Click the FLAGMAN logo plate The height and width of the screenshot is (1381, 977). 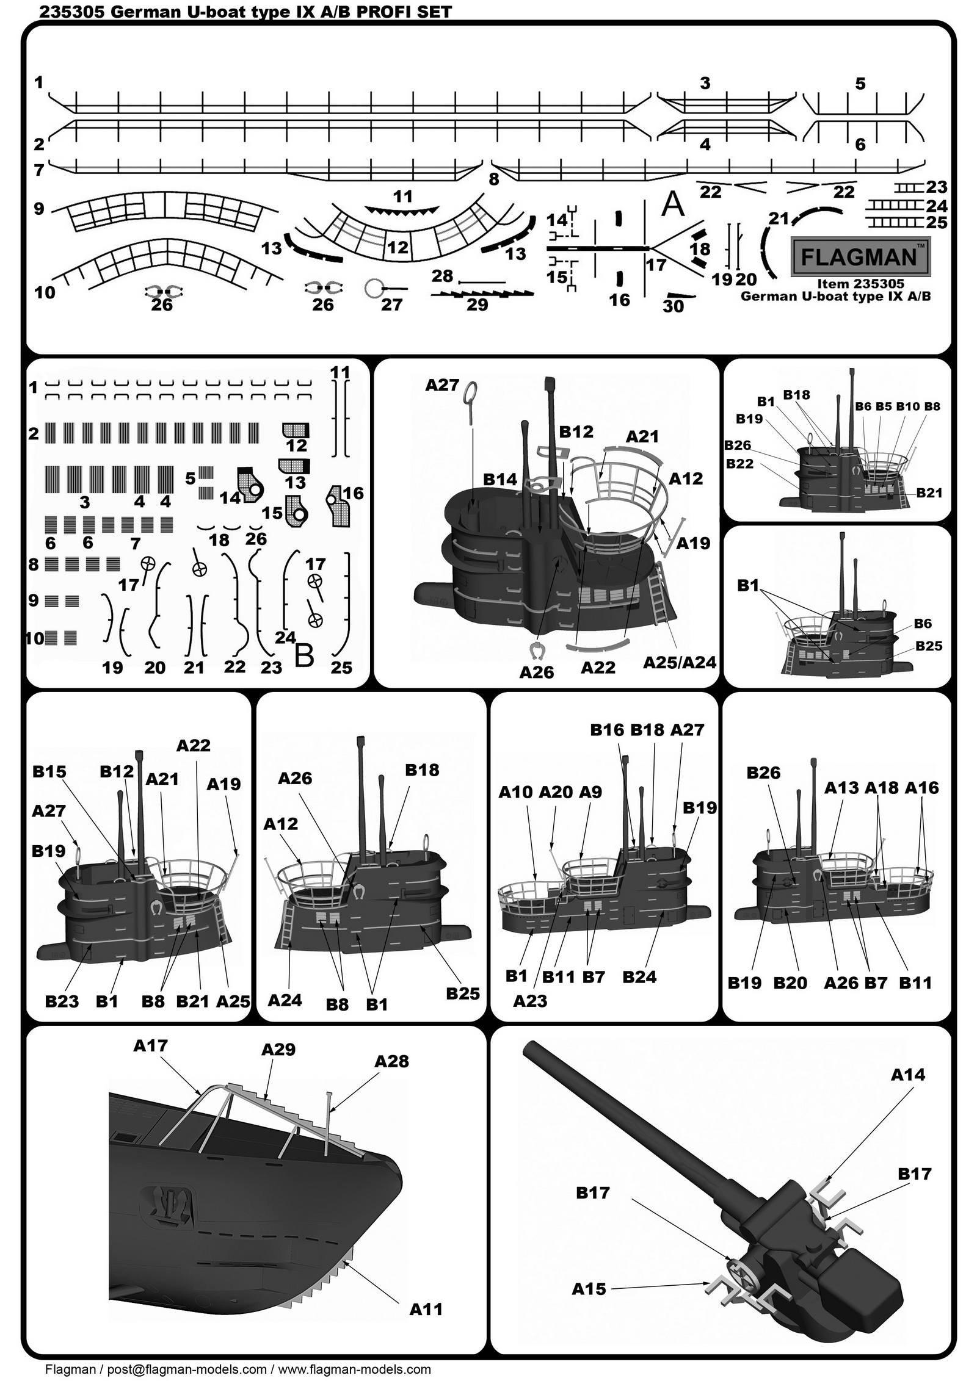[x=860, y=256]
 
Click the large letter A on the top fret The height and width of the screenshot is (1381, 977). [x=674, y=205]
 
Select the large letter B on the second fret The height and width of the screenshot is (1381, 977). [x=304, y=656]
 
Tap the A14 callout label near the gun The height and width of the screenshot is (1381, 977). [x=907, y=1074]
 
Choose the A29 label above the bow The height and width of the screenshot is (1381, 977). [x=278, y=1049]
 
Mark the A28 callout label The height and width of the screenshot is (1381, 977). [x=391, y=1061]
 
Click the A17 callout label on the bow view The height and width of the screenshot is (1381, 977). [x=150, y=1045]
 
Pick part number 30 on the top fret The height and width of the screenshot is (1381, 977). [x=673, y=306]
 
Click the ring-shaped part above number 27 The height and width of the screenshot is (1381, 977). [x=372, y=288]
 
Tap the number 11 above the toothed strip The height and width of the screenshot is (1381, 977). [x=402, y=197]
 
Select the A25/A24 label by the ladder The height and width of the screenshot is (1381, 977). [x=680, y=662]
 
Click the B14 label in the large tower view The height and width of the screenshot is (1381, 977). [x=500, y=480]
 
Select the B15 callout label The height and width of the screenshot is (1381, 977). [x=49, y=771]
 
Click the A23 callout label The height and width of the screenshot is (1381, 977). [x=530, y=1001]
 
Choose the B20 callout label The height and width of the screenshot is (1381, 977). [x=790, y=983]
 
